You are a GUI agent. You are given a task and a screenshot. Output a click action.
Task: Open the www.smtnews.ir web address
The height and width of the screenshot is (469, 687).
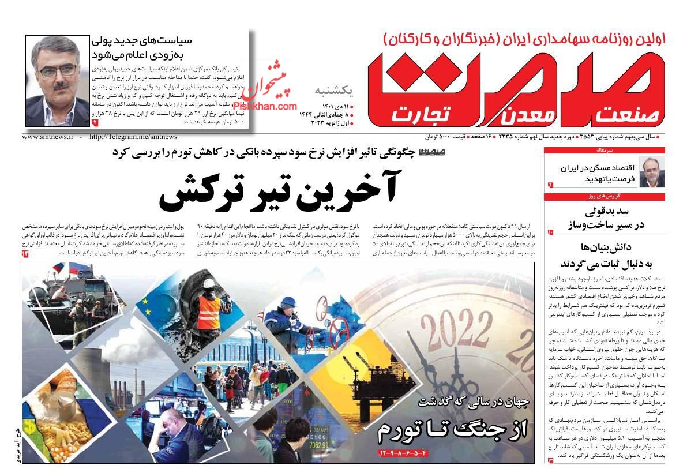pyautogui.click(x=48, y=137)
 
